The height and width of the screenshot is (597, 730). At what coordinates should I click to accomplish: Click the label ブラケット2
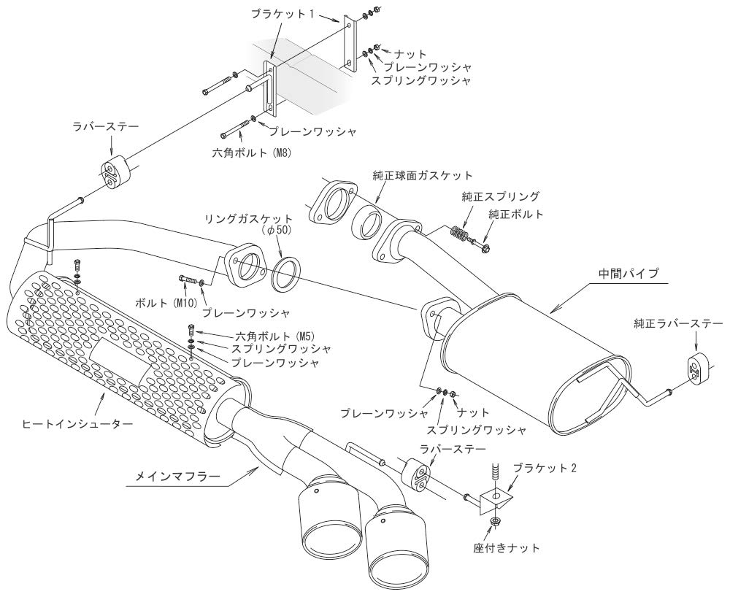[x=545, y=467]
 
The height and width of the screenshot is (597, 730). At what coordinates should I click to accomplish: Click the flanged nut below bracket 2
[x=496, y=521]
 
